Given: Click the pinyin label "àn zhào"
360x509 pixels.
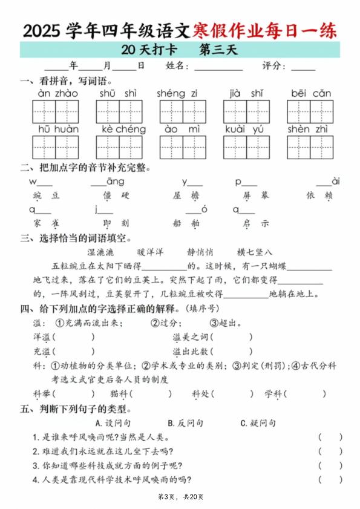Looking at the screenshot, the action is coord(58,93).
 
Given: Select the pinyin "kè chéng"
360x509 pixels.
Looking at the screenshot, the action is coord(124,130).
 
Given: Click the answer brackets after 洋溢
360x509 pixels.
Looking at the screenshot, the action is coord(73,337).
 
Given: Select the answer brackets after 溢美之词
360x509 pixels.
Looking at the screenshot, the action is coord(232,337).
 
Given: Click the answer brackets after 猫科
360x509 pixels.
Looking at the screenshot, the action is coord(151,394).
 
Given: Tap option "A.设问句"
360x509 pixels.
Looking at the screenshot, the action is coord(114,423).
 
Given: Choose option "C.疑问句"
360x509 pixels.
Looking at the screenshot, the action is coord(258,423).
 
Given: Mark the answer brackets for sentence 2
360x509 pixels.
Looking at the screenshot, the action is coord(330,452).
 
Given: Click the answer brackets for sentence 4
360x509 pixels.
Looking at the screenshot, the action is coord(330,480).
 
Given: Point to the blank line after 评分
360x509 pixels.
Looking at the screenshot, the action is coord(303,67).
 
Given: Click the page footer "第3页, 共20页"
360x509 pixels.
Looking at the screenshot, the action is coord(180,498).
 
